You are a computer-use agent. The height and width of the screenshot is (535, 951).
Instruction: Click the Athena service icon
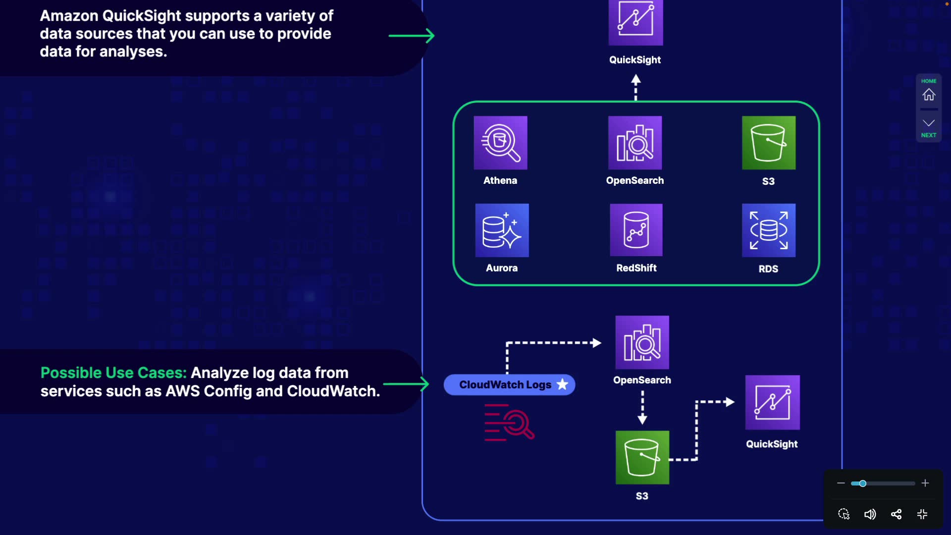point(500,143)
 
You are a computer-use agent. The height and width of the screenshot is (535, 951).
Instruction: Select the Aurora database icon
point(502,230)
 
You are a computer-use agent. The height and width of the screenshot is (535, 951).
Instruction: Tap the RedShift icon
point(636,230)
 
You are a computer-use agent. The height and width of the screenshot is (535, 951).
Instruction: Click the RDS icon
point(769,230)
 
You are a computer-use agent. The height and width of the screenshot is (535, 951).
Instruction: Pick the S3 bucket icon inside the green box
point(769,143)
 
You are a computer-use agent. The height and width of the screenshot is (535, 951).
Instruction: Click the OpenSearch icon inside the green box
point(635,143)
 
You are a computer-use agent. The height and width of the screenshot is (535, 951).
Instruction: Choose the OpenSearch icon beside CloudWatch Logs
point(642,342)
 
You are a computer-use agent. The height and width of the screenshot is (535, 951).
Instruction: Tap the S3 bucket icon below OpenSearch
point(642,457)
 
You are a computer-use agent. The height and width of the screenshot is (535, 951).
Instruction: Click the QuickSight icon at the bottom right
point(772,402)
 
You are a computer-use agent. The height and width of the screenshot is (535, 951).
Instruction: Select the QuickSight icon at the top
point(635,22)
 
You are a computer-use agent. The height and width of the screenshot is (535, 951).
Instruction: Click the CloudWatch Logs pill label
point(505,385)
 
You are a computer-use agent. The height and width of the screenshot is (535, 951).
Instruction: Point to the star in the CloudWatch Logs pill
point(562,384)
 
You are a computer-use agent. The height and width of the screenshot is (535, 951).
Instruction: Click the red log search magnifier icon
point(509,423)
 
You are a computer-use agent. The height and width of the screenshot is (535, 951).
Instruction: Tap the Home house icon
point(929,94)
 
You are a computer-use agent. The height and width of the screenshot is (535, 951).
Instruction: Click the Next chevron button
point(929,123)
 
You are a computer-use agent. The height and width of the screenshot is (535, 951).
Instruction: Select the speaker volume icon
point(870,514)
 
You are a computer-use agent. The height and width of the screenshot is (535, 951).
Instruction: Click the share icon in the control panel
point(896,514)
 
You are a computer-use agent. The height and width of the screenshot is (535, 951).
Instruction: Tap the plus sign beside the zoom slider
point(925,483)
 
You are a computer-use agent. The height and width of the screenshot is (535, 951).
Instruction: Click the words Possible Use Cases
point(113,373)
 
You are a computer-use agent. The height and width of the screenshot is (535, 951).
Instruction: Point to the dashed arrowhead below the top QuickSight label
point(636,79)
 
